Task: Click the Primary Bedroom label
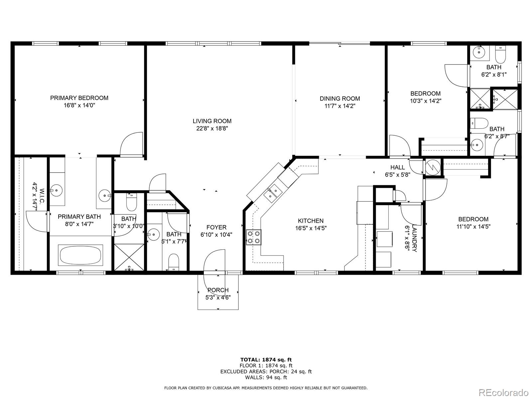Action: (x=79, y=98)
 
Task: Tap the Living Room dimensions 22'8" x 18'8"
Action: (x=212, y=128)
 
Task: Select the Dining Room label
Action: (x=340, y=98)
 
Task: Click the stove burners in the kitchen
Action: (x=253, y=237)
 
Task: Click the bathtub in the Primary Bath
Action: (x=80, y=255)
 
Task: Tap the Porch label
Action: (x=218, y=290)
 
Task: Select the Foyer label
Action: (x=216, y=227)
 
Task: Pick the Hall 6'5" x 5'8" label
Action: (x=398, y=171)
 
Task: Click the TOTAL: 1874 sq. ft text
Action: (x=266, y=359)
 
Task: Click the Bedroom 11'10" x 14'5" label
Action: (x=473, y=222)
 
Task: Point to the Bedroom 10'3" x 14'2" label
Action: (x=425, y=97)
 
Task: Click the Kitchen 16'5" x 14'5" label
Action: (x=311, y=224)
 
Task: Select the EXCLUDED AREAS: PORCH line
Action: (x=266, y=371)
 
